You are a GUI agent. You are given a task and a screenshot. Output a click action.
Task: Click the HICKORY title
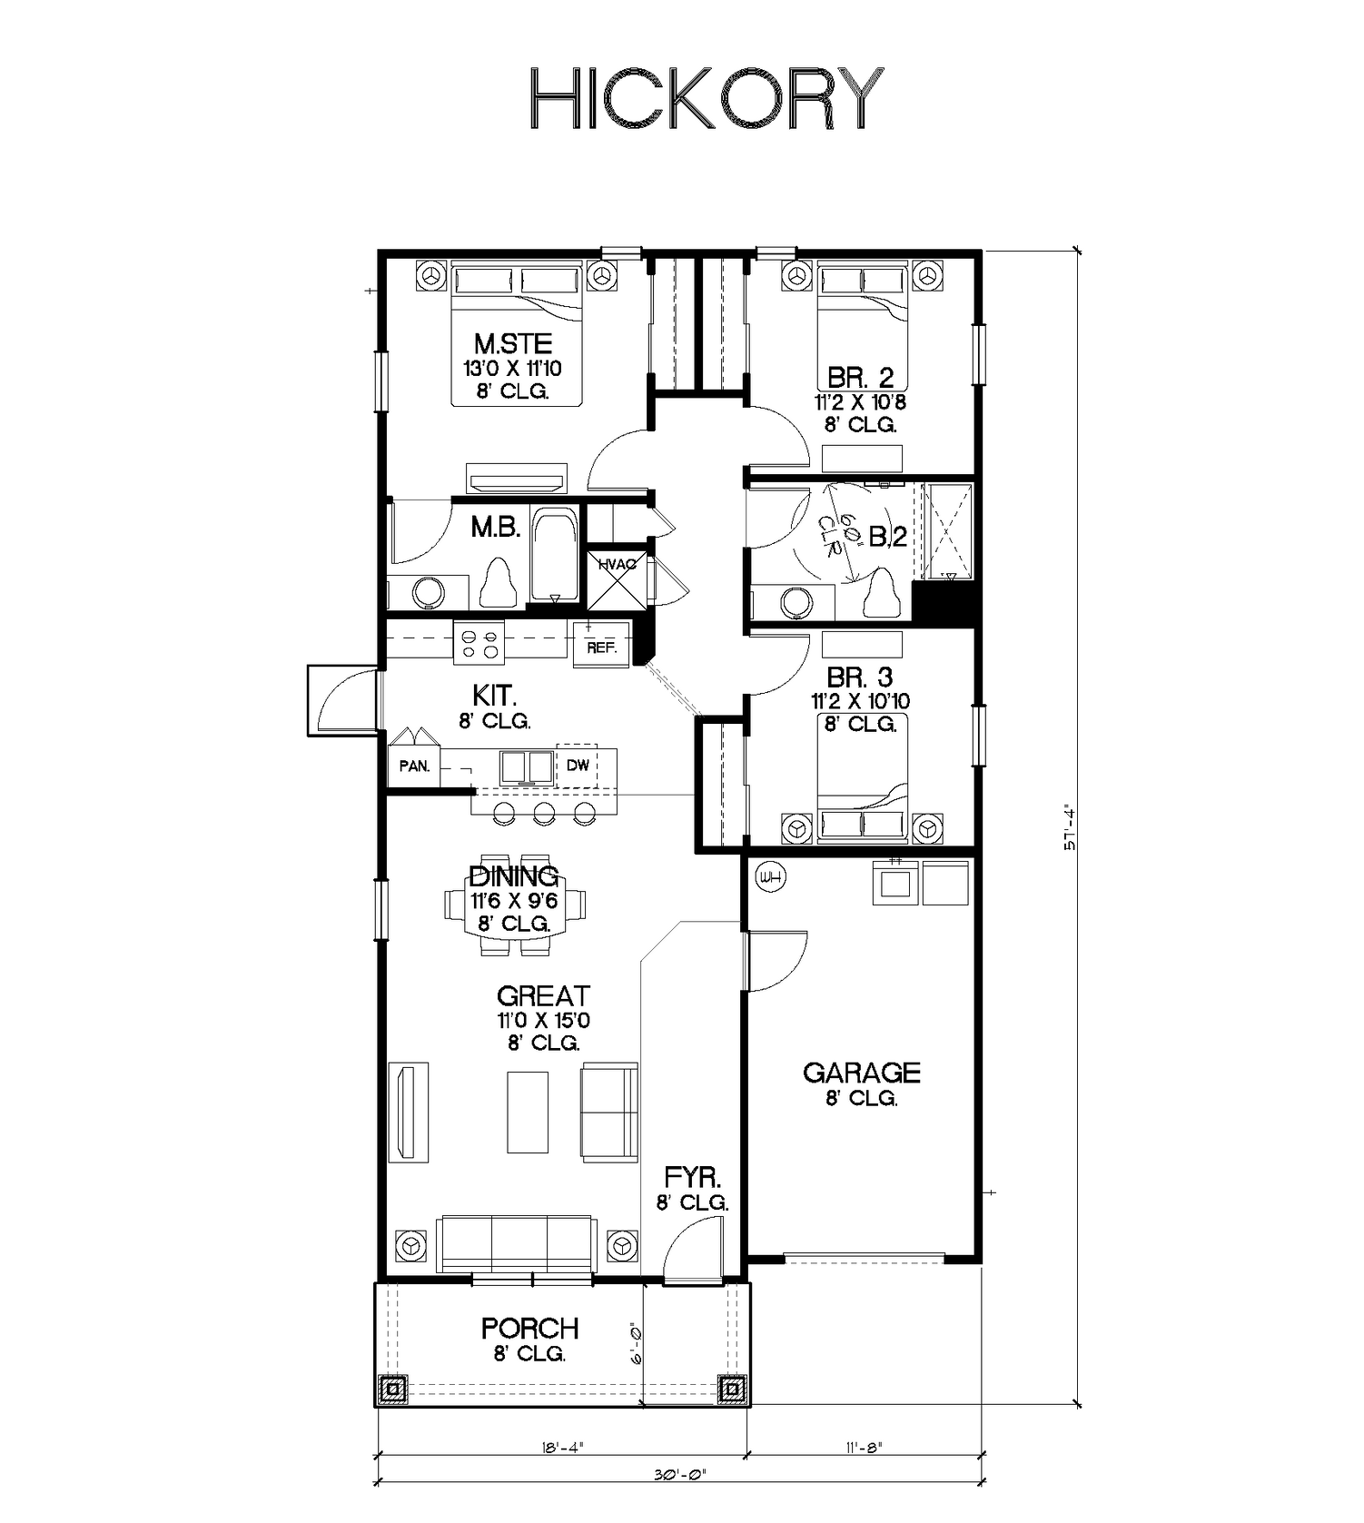(706, 97)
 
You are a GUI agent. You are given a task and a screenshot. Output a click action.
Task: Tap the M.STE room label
(513, 344)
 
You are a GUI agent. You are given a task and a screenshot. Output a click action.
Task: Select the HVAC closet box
(618, 580)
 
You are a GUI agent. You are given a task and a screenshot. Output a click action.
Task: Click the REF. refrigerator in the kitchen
(601, 644)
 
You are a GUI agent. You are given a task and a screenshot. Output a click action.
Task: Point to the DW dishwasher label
(578, 765)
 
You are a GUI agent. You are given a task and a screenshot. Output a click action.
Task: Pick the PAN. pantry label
(414, 766)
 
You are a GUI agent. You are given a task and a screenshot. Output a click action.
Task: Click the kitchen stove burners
(479, 643)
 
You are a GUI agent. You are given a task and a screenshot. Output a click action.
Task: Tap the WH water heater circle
(771, 877)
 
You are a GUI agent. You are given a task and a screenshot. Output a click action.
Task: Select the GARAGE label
(861, 1073)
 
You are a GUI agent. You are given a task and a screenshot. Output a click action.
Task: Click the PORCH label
(530, 1329)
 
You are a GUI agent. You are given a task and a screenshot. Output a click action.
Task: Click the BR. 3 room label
(859, 677)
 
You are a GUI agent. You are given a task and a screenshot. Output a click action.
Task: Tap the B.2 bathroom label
(887, 538)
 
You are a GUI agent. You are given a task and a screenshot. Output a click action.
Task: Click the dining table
(515, 905)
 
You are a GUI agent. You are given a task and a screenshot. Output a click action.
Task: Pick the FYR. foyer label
(692, 1178)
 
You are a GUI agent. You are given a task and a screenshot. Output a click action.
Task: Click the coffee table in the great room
(528, 1113)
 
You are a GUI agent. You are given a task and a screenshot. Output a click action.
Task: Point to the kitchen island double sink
(527, 766)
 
